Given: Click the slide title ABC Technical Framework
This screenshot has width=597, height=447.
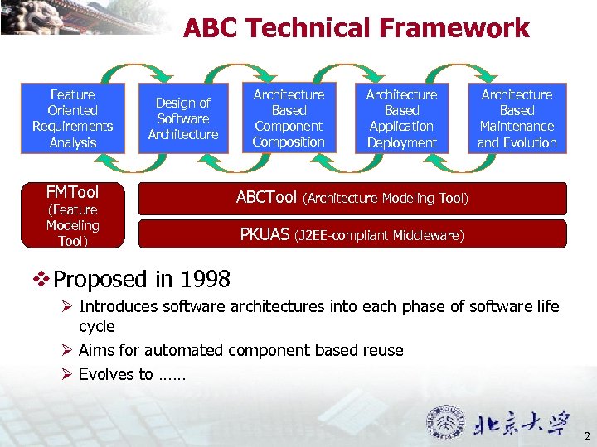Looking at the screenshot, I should [356, 28].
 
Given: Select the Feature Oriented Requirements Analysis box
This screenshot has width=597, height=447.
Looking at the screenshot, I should [73, 118].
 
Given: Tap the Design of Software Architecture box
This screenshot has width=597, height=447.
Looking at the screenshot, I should [183, 118].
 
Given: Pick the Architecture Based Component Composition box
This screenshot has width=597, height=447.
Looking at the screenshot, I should [289, 118].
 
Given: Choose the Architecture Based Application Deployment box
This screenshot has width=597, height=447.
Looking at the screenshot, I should [402, 118].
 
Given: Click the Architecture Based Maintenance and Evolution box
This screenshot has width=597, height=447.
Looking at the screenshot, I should [517, 118].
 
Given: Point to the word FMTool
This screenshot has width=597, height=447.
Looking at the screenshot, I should [72, 192].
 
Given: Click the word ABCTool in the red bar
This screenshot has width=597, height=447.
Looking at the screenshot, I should [266, 198].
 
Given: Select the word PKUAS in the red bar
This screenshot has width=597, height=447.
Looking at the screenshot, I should [265, 235].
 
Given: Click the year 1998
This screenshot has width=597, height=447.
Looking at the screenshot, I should [205, 278].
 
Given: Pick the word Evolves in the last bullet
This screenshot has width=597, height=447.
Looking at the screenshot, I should [105, 374].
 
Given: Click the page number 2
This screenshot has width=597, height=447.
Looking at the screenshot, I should [586, 436].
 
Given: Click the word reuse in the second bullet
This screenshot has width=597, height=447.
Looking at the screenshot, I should [382, 350].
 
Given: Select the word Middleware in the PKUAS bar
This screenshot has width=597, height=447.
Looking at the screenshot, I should [429, 237].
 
